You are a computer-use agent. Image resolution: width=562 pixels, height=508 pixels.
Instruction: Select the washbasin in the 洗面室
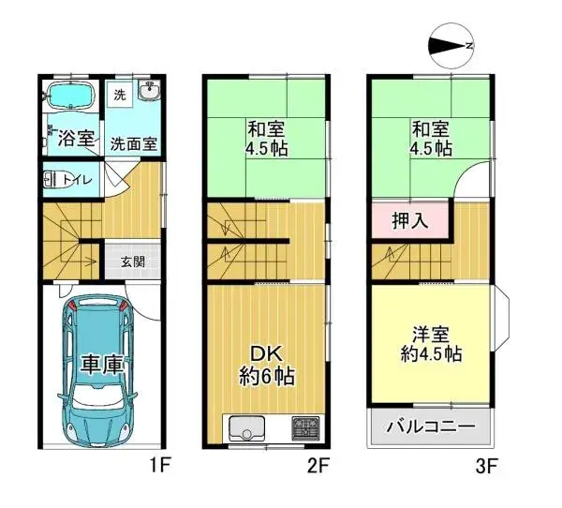click(150, 92)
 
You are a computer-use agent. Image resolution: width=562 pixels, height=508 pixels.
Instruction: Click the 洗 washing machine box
click(119, 95)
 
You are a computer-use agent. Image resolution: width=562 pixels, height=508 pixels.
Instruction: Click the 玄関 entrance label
click(132, 261)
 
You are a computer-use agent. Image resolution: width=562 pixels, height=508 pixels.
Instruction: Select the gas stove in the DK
click(305, 430)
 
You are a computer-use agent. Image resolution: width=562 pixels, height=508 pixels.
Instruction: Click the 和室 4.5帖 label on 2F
click(266, 140)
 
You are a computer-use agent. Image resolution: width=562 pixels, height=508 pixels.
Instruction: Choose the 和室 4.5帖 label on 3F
click(430, 140)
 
